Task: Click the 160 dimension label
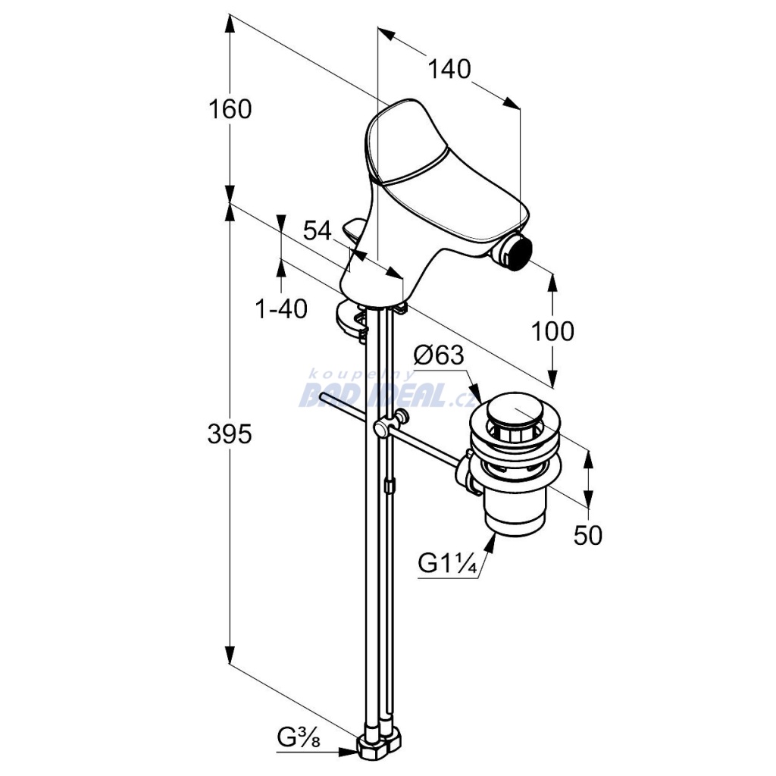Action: pos(230,110)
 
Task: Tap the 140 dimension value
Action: pos(449,70)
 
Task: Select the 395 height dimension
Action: pos(230,434)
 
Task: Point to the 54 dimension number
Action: pos(318,230)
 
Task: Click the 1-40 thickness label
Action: pos(281,309)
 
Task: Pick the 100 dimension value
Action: pos(552,331)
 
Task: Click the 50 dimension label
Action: pos(588,535)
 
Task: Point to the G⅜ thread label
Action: pos(298,736)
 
